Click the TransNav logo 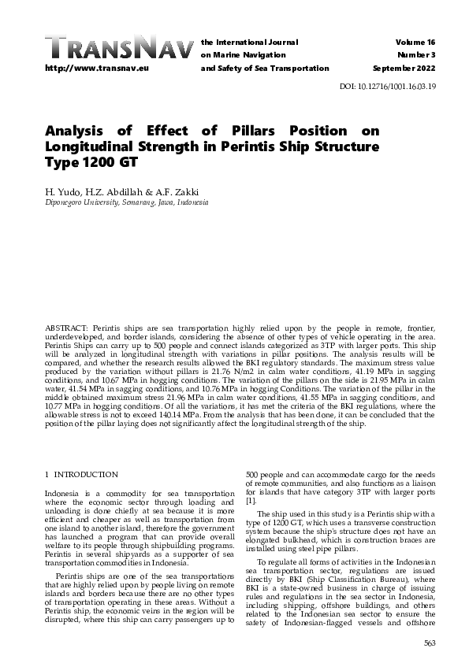coord(119,48)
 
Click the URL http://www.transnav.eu coord(88,69)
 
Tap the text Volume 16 coord(418,41)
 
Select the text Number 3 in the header coord(419,54)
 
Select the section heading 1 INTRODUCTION coord(81,475)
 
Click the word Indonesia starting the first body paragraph coord(62,492)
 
